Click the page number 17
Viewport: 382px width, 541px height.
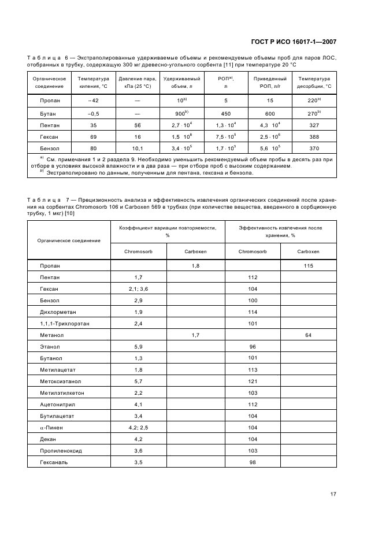(x=333, y=494)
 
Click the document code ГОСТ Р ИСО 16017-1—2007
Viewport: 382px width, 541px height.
(x=294, y=42)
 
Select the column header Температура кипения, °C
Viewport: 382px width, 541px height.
(x=93, y=82)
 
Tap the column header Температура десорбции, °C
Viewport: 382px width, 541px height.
(x=314, y=82)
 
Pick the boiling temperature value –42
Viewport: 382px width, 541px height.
(x=93, y=101)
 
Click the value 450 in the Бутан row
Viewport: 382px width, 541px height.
(x=226, y=114)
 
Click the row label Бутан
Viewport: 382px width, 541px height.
(x=49, y=114)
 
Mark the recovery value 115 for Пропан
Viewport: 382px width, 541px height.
(x=308, y=265)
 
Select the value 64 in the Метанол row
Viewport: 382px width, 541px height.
(x=308, y=335)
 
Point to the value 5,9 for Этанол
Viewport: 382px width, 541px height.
(x=139, y=346)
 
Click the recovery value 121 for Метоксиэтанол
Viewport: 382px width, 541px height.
(x=253, y=381)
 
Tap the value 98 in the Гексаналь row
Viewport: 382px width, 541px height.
(x=253, y=462)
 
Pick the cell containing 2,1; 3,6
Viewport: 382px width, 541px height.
(x=139, y=288)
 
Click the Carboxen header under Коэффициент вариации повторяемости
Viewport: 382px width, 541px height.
(x=195, y=251)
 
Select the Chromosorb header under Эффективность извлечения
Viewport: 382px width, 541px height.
(x=253, y=251)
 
